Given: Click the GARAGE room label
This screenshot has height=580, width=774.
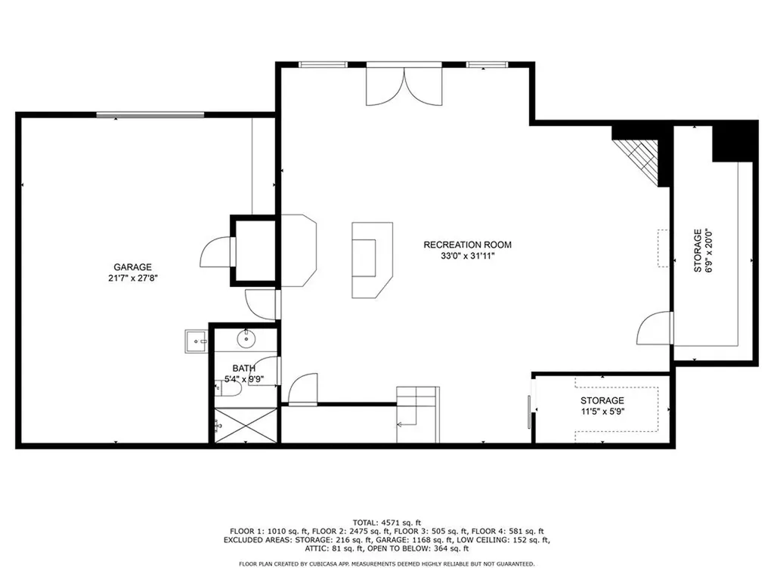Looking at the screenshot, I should [x=133, y=267].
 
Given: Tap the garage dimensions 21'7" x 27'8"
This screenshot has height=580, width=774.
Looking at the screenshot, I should [x=133, y=278].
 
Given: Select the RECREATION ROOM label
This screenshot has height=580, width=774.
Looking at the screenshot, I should [x=467, y=245].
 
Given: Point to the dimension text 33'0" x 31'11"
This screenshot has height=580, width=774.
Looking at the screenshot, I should [x=467, y=256].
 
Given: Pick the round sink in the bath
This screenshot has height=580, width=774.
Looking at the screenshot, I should [x=246, y=338].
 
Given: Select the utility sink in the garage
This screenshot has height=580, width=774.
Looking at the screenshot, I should [x=197, y=341].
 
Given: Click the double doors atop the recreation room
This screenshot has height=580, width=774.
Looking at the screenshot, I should [x=404, y=85].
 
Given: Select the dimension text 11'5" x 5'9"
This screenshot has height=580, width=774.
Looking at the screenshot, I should [x=602, y=412].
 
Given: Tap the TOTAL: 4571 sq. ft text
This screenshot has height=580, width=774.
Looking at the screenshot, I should [x=386, y=522].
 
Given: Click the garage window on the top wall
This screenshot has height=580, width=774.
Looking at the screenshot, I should [x=150, y=115].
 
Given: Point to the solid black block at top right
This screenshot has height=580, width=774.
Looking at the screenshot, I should [x=734, y=140].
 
